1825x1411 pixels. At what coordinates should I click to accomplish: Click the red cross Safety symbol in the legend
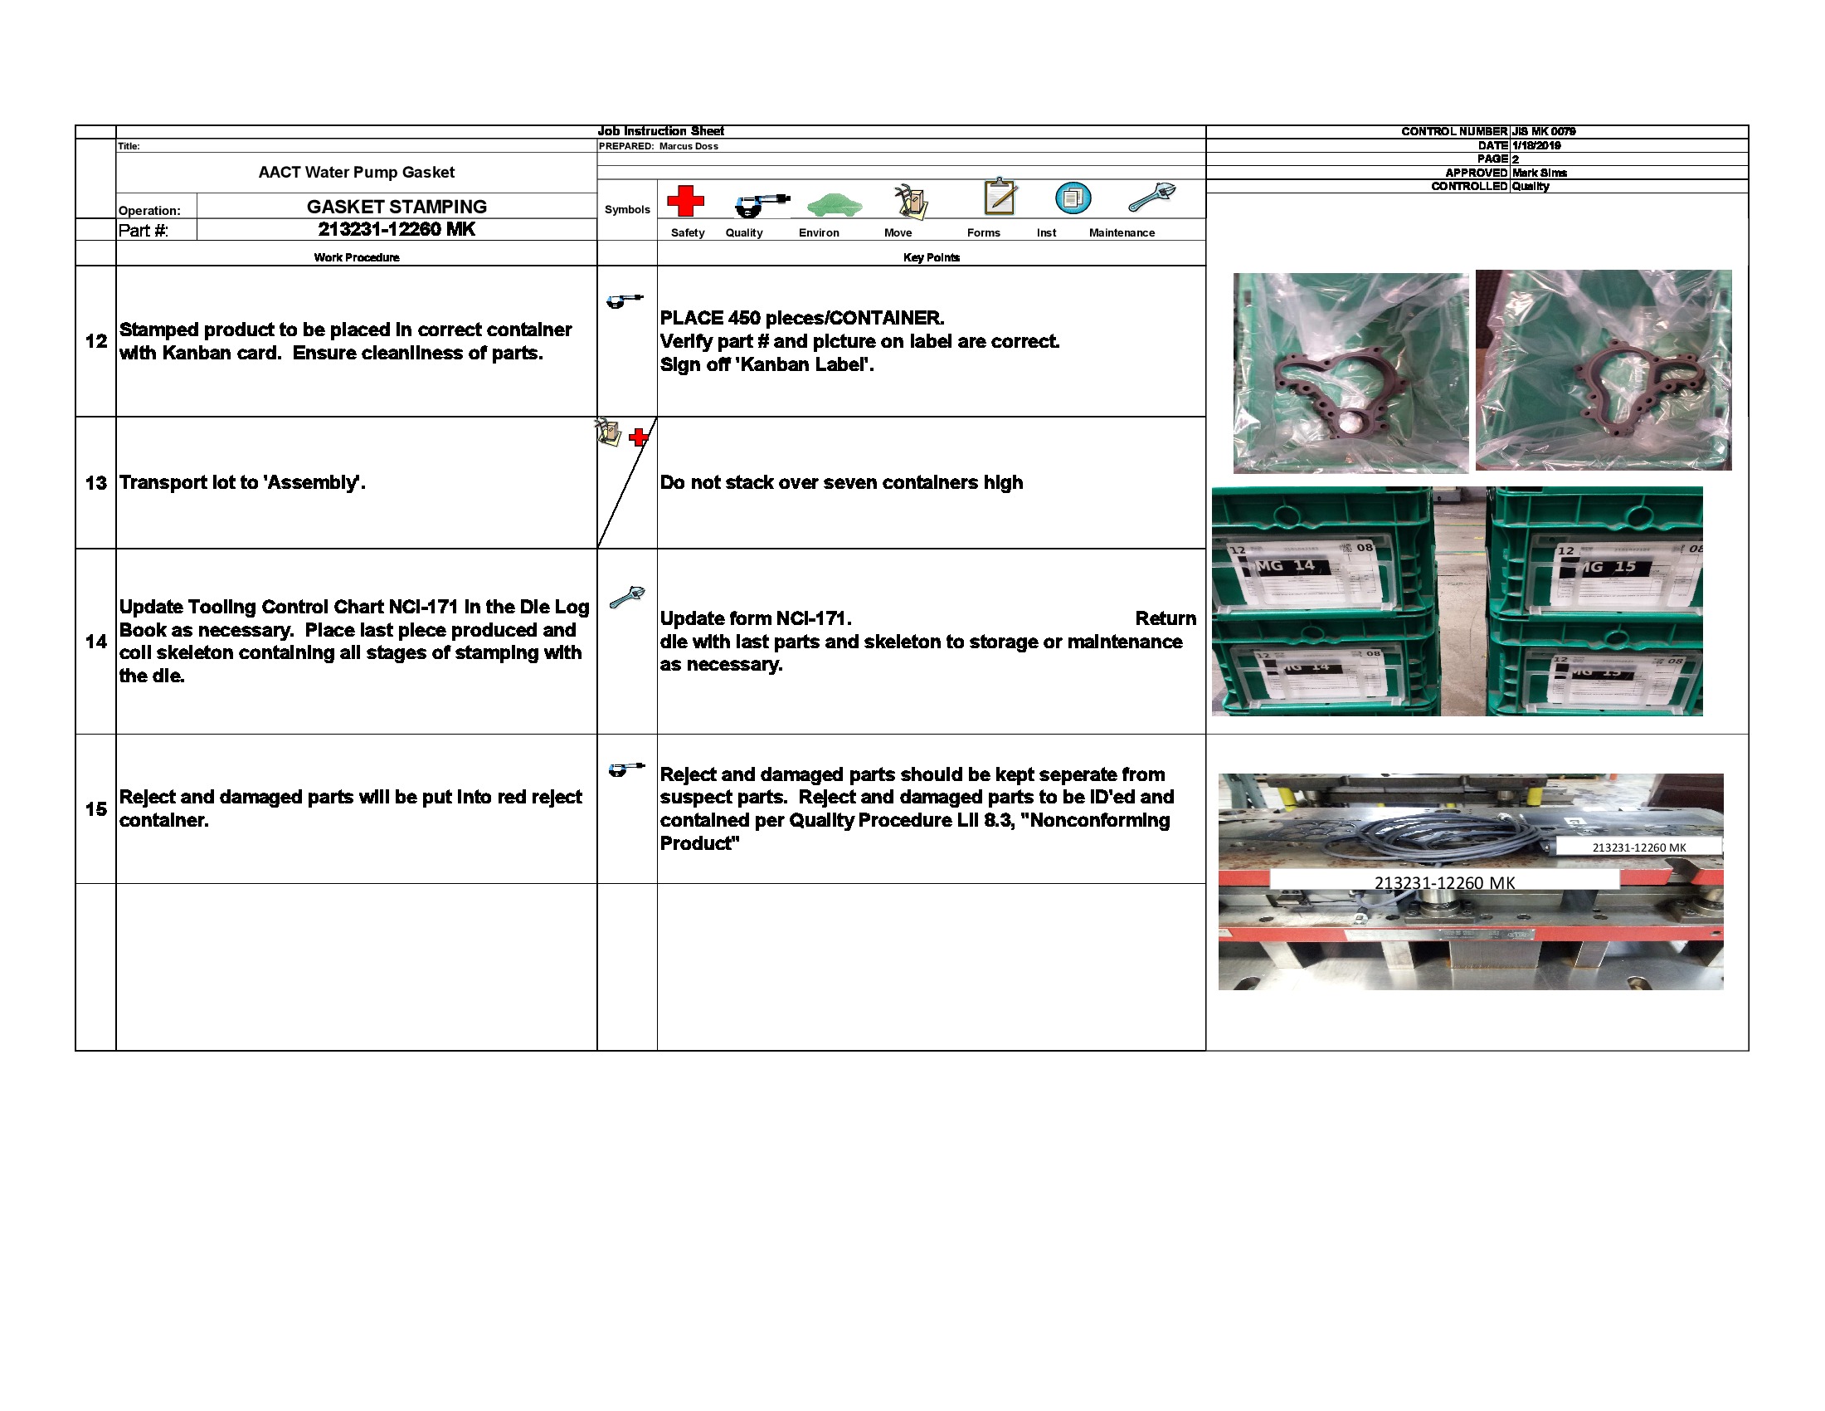pos(685,201)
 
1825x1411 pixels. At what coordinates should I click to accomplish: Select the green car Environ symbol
pos(834,204)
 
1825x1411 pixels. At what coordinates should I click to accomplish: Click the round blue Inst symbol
pos(1073,198)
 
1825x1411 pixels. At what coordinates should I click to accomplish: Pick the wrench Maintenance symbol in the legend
pos(1151,198)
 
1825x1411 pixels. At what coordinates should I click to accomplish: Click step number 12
pos(96,341)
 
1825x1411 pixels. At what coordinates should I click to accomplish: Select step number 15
pos(96,809)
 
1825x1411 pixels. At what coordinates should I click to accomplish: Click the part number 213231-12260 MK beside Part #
pos(396,229)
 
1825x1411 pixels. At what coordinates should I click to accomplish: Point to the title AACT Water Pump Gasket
pos(356,172)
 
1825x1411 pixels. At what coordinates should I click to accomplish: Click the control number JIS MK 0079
pos(1544,131)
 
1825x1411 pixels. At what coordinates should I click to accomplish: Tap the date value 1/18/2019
pos(1535,145)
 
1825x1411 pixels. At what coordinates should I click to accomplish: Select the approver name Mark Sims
pos(1539,173)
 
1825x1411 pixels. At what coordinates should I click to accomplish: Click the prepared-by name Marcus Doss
pos(689,146)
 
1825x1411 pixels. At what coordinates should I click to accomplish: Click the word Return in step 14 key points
pos(1165,618)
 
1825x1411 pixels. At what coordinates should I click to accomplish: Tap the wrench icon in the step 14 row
pos(626,597)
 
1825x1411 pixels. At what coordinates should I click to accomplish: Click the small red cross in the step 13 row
pos(639,437)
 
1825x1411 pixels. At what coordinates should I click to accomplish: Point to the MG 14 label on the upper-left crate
pos(1287,566)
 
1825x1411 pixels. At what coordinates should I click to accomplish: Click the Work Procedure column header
pos(356,257)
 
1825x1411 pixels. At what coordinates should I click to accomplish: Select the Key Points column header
pos(931,257)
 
